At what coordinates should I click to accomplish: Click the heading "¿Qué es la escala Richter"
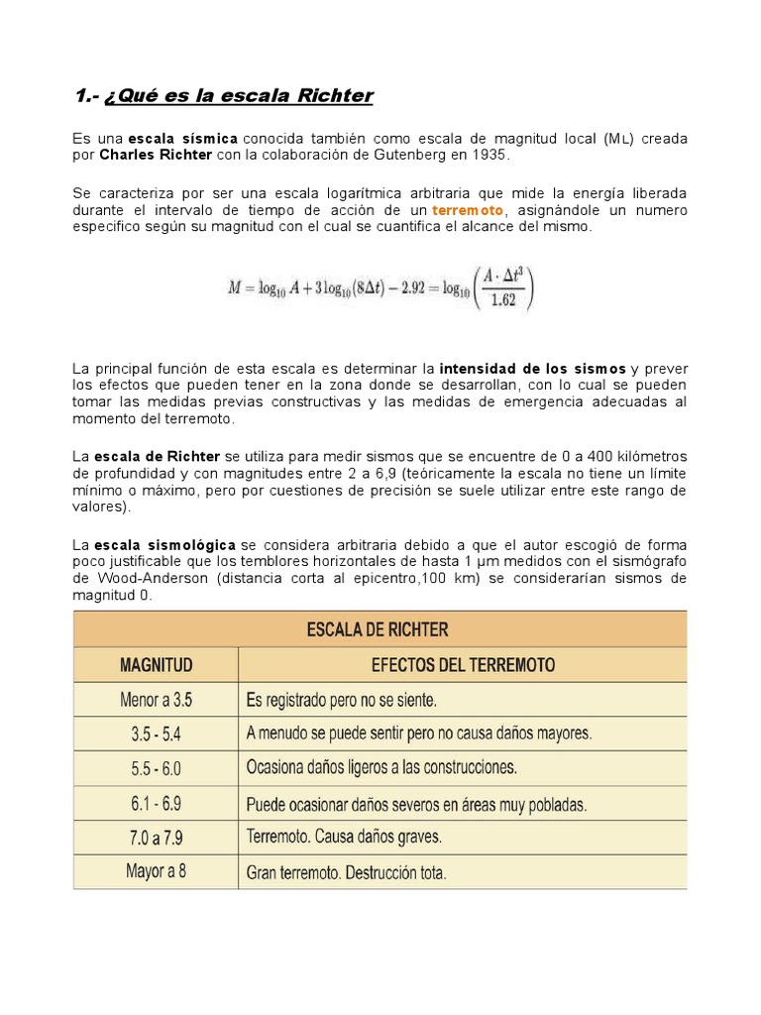point(238,96)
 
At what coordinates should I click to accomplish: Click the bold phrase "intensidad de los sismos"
point(532,370)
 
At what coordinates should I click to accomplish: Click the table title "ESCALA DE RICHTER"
point(380,628)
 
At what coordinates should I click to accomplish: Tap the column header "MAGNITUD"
point(156,664)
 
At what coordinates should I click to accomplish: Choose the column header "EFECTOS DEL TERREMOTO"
point(463,664)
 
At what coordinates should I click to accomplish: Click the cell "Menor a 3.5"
point(156,700)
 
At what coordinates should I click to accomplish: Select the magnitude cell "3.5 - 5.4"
point(156,733)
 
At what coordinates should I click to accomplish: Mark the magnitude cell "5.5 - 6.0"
point(156,768)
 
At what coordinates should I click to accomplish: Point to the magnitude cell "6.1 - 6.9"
point(156,803)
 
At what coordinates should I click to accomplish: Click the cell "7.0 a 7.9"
point(156,838)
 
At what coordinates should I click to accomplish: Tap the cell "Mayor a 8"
point(156,872)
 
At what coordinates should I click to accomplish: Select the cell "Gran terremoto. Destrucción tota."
point(346,873)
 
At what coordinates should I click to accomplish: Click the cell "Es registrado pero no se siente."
point(342,700)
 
